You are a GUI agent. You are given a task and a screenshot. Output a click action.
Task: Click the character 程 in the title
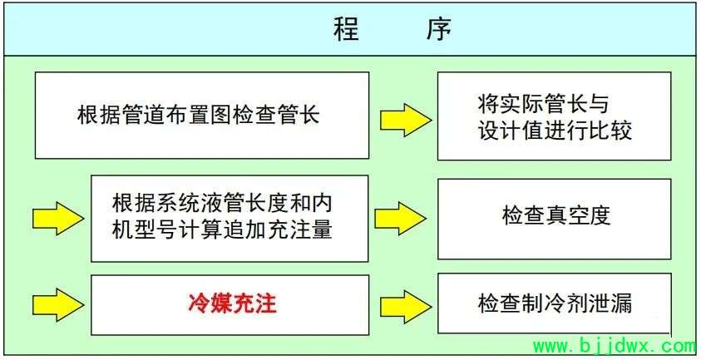(x=347, y=30)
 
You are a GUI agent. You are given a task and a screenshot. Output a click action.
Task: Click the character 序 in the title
(x=438, y=30)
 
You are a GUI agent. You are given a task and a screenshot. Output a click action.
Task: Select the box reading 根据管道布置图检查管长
(x=202, y=116)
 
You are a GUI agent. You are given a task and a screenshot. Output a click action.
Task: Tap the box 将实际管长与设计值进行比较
(x=555, y=116)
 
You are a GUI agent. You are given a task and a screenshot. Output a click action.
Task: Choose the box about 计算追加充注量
(x=230, y=218)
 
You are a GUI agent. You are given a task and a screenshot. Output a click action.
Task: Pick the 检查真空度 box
(x=555, y=219)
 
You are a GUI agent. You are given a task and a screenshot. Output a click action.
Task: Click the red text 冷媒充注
(x=233, y=303)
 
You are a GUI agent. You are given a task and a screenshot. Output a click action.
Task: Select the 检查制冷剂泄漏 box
(x=555, y=303)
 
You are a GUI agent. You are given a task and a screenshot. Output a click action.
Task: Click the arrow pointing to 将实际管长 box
(x=406, y=120)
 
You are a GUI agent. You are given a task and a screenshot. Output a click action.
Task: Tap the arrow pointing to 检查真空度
(x=401, y=219)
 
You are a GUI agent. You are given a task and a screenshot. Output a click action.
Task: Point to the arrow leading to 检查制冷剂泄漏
(x=406, y=306)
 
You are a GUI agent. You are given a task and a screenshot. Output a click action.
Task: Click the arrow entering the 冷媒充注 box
(x=58, y=304)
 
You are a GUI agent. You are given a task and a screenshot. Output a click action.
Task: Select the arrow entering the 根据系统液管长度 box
(x=58, y=218)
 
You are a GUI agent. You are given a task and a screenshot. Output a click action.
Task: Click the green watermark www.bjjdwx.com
(x=615, y=346)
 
